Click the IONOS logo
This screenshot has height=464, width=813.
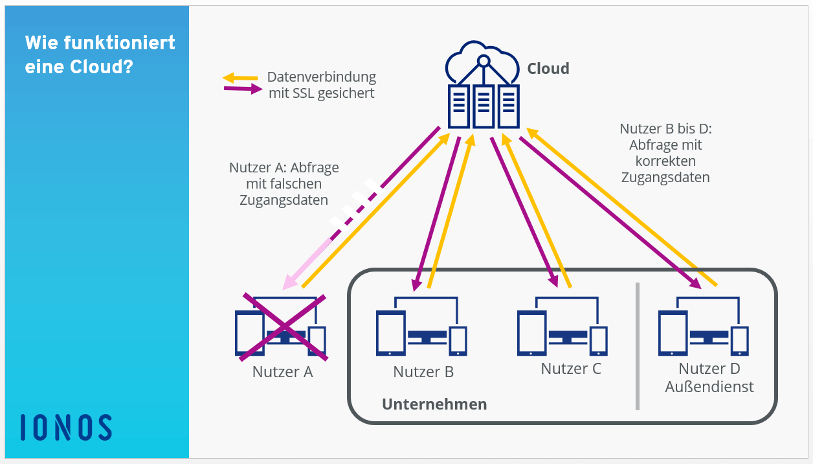(x=66, y=427)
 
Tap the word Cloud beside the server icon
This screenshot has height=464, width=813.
(x=548, y=68)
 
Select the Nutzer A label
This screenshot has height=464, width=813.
(x=282, y=372)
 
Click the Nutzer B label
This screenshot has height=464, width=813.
(x=423, y=372)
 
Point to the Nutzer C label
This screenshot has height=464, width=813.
(x=571, y=369)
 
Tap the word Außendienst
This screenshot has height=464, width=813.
(x=709, y=387)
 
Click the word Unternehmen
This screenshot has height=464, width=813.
(x=434, y=404)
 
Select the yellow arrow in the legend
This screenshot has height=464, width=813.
(x=240, y=77)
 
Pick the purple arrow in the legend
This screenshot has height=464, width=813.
(x=243, y=89)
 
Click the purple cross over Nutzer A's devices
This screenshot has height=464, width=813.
(x=284, y=327)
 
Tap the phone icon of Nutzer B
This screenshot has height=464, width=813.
(x=458, y=341)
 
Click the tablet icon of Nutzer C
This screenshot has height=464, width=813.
(x=531, y=333)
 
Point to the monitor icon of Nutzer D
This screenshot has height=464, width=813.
(x=709, y=337)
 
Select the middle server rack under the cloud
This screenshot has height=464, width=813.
(x=484, y=106)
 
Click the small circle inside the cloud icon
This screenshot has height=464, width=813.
(x=484, y=61)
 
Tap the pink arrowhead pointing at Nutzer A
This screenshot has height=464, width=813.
(x=291, y=282)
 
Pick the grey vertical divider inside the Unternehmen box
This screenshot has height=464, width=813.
(x=638, y=346)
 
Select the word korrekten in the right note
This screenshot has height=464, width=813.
(x=665, y=161)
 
